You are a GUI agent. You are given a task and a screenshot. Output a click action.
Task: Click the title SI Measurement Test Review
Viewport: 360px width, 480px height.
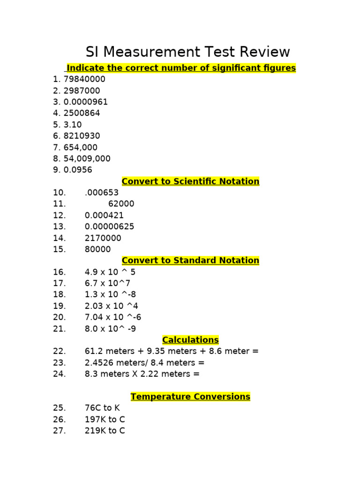pyautogui.click(x=187, y=52)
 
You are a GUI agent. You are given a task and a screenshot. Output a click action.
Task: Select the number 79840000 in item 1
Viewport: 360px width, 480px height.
pyautogui.click(x=84, y=79)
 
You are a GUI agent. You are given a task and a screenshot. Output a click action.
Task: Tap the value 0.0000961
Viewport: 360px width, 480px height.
pyautogui.click(x=86, y=102)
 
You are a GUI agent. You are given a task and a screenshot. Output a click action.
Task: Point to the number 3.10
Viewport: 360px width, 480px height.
pyautogui.click(x=73, y=125)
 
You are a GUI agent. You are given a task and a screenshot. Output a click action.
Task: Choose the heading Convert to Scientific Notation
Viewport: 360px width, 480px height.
pyautogui.click(x=190, y=181)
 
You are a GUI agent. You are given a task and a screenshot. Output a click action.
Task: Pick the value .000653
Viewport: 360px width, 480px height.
pyautogui.click(x=102, y=193)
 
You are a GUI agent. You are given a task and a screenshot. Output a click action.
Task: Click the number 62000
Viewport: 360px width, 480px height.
pyautogui.click(x=121, y=204)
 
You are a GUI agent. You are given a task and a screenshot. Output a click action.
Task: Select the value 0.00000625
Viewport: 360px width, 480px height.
pyautogui.click(x=109, y=226)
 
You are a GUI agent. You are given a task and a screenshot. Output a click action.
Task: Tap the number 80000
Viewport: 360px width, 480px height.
pyautogui.click(x=97, y=249)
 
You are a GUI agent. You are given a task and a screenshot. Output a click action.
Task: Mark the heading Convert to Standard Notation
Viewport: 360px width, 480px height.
pyautogui.click(x=190, y=261)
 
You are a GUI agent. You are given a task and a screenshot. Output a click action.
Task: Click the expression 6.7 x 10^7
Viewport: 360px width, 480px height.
pyautogui.click(x=107, y=283)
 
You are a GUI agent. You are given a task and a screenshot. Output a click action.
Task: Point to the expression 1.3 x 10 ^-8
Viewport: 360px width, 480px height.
pyautogui.click(x=110, y=294)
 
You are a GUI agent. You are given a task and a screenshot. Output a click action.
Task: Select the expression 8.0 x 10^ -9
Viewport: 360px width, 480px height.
pyautogui.click(x=110, y=329)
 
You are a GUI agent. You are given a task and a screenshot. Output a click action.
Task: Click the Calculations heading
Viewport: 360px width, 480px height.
pyautogui.click(x=190, y=340)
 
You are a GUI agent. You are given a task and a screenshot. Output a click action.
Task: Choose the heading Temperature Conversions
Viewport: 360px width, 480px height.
pyautogui.click(x=190, y=397)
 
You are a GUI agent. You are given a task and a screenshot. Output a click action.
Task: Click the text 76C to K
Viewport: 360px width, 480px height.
pyautogui.click(x=102, y=408)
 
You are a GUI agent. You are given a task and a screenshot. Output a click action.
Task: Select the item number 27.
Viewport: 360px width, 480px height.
pyautogui.click(x=60, y=430)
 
